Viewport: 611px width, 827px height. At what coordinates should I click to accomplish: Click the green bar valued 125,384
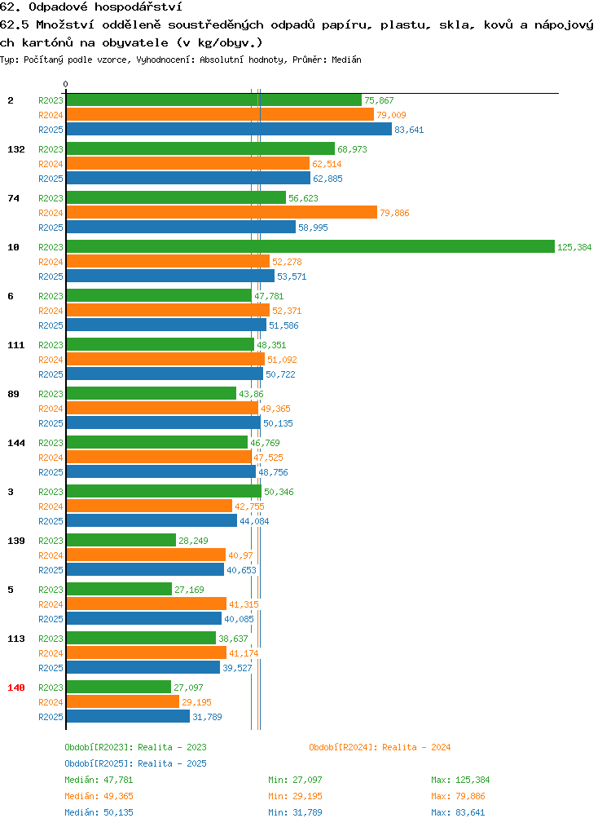pyautogui.click(x=310, y=246)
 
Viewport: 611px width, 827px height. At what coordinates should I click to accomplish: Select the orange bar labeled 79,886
pyautogui.click(x=222, y=212)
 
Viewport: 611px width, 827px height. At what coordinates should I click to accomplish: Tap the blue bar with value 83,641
pyautogui.click(x=229, y=129)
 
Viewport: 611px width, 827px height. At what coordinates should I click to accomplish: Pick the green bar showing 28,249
pyautogui.click(x=121, y=540)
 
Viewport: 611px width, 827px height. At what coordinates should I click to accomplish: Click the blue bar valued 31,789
pyautogui.click(x=128, y=716)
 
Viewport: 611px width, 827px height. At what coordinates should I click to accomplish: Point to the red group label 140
pyautogui.click(x=16, y=688)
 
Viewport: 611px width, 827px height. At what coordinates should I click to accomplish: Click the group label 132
pyautogui.click(x=16, y=149)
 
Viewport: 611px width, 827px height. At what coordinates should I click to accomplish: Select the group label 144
pyautogui.click(x=16, y=443)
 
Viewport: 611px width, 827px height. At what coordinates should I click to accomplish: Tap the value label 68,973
pyautogui.click(x=353, y=149)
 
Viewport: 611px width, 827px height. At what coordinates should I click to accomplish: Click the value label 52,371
pyautogui.click(x=287, y=311)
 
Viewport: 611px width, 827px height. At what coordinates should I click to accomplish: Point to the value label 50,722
pyautogui.click(x=281, y=374)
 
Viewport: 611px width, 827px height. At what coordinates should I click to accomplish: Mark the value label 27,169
pyautogui.click(x=190, y=590)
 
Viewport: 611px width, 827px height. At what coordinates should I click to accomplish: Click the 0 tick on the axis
pyautogui.click(x=65, y=84)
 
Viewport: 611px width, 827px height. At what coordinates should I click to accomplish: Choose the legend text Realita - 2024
pyautogui.click(x=416, y=747)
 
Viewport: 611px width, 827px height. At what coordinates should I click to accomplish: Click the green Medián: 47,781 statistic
pyautogui.click(x=99, y=780)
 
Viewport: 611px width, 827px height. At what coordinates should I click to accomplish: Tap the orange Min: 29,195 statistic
pyautogui.click(x=295, y=796)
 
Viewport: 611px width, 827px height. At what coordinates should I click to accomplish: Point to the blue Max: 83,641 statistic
pyautogui.click(x=458, y=812)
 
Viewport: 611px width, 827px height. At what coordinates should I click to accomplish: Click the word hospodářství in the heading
pyautogui.click(x=138, y=7)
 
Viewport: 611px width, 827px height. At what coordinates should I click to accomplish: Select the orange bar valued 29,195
pyautogui.click(x=123, y=701)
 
